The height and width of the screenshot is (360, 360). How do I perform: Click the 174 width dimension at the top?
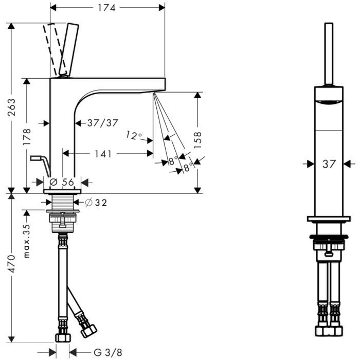pyautogui.click(x=106, y=8)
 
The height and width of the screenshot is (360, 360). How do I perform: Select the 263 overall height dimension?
pyautogui.click(x=11, y=107)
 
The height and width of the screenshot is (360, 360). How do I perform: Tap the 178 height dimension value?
pyautogui.click(x=27, y=137)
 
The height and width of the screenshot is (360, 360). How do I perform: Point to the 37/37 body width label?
pyautogui.click(x=103, y=123)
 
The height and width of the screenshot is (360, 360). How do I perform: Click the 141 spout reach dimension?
pyautogui.click(x=103, y=154)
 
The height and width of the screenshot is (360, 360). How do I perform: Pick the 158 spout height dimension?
pyautogui.click(x=197, y=140)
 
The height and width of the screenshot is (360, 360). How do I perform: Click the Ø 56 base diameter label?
pyautogui.click(x=62, y=182)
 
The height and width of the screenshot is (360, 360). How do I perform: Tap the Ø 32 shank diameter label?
pyautogui.click(x=96, y=203)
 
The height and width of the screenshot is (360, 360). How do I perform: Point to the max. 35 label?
pyautogui.click(x=27, y=241)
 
